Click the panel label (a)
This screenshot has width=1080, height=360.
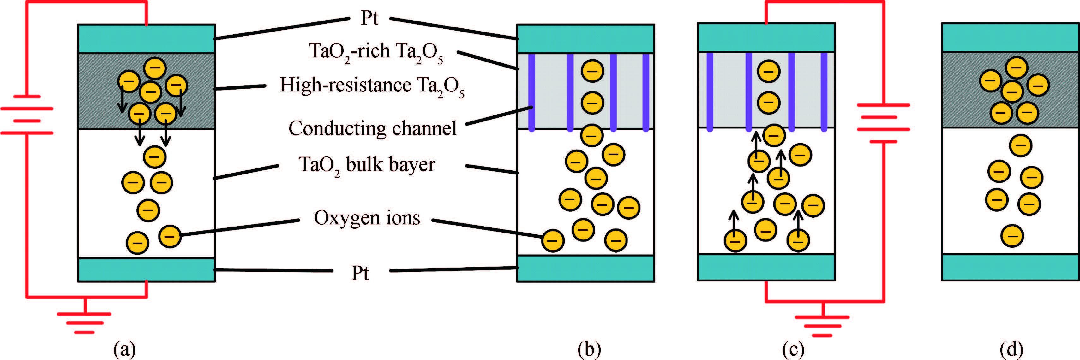click(124, 349)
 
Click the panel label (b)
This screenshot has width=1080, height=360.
click(589, 349)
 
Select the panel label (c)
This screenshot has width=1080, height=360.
click(793, 349)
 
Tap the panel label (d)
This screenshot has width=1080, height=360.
click(1011, 349)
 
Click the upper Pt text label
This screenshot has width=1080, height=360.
click(369, 18)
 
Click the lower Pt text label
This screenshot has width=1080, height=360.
click(360, 273)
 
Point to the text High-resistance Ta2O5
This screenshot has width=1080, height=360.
click(372, 86)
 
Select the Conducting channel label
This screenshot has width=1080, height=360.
click(372, 128)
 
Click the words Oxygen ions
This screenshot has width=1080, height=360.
click(367, 218)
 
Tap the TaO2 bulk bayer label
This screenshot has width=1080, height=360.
click(366, 165)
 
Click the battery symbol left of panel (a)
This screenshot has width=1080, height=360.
click(27, 115)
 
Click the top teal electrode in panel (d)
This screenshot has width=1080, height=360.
click(1011, 37)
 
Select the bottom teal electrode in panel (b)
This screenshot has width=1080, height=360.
click(585, 268)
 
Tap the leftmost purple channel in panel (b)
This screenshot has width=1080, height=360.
click(531, 92)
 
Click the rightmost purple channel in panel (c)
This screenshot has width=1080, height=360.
click(824, 91)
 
